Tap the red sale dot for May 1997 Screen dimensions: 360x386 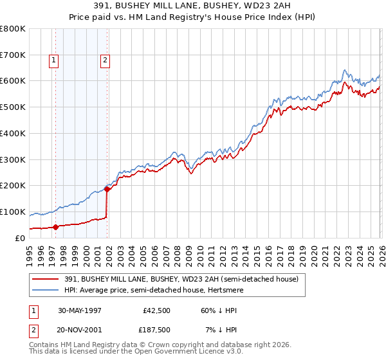pyautogui.click(x=56, y=226)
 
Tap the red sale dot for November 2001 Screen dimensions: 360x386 pyautogui.click(x=107, y=189)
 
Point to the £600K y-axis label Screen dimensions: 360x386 pyautogui.click(x=13, y=81)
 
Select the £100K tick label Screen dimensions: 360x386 pyautogui.click(x=13, y=212)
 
